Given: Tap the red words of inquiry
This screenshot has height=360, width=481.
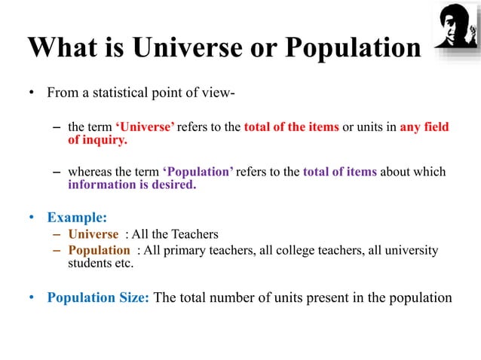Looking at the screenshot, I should (97, 140).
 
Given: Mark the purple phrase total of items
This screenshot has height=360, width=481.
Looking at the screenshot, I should (339, 172).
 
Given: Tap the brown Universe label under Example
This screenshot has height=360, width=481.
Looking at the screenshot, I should (93, 235).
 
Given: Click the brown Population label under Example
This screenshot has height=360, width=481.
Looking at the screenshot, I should (99, 250).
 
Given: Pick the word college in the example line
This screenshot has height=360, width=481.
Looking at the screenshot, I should (271, 250).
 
